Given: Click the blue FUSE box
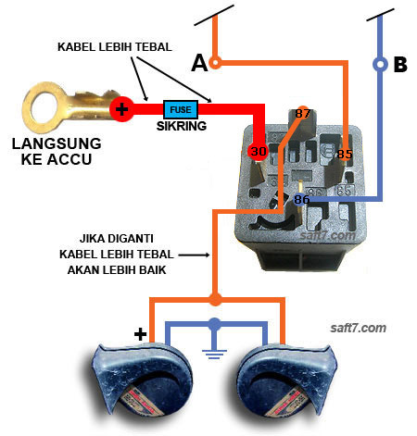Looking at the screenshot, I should [x=180, y=109].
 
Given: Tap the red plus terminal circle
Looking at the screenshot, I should [x=120, y=110].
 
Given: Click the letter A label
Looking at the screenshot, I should [x=198, y=63].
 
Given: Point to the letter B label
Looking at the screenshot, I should [x=400, y=65].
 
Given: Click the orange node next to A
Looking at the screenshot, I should [x=215, y=63].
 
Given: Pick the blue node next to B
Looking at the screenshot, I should [x=379, y=65].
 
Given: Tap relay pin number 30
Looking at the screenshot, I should [x=258, y=151].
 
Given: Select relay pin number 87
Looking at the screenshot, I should [x=303, y=114].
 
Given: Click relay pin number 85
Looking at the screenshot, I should [x=344, y=154].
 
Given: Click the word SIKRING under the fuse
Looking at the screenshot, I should [x=181, y=127].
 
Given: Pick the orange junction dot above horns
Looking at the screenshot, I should [x=215, y=299].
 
